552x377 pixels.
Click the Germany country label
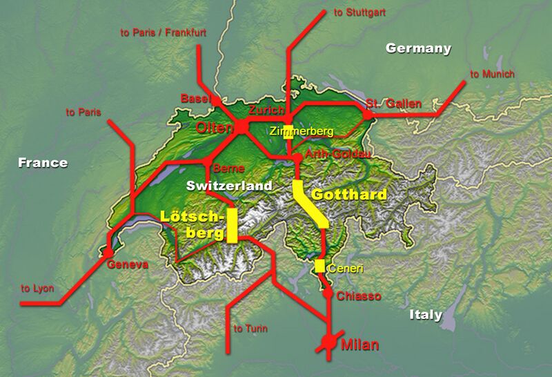click(x=418, y=48)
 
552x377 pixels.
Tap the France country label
click(x=43, y=163)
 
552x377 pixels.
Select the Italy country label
click(x=425, y=315)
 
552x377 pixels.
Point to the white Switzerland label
click(x=230, y=186)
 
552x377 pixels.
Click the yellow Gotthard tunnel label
click(x=348, y=195)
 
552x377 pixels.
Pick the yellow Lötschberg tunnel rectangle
click(x=232, y=225)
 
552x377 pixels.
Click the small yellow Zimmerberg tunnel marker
click(x=288, y=133)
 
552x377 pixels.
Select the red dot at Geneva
click(x=108, y=253)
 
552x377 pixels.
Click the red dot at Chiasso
click(x=327, y=293)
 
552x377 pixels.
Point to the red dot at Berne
click(x=207, y=162)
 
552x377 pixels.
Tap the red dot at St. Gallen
click(x=368, y=114)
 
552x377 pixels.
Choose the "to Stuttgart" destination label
click(x=359, y=13)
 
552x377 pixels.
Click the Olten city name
click(x=215, y=128)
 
